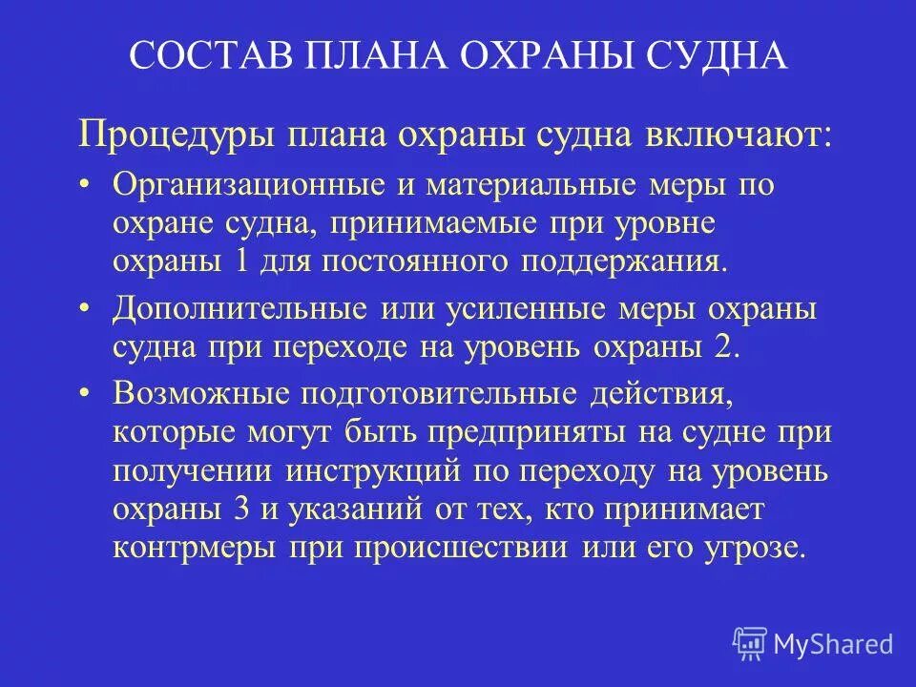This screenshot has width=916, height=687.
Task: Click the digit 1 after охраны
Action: click(x=232, y=262)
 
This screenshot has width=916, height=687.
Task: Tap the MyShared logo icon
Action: click(x=751, y=642)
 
